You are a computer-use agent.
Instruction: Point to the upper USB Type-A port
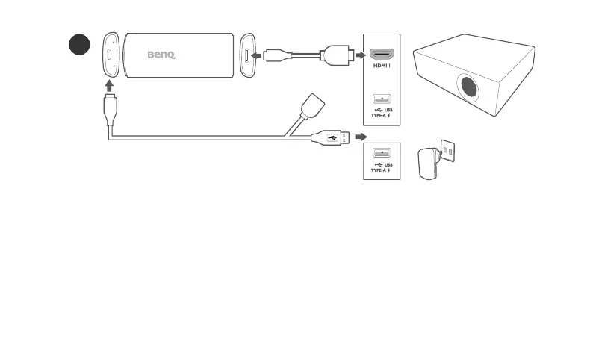(381, 98)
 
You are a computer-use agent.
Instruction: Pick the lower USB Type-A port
(381, 153)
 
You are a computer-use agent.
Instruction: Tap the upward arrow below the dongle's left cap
(110, 85)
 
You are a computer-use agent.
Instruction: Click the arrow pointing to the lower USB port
(361, 137)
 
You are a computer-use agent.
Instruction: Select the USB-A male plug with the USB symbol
(329, 137)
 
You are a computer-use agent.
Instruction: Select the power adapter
(429, 163)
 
